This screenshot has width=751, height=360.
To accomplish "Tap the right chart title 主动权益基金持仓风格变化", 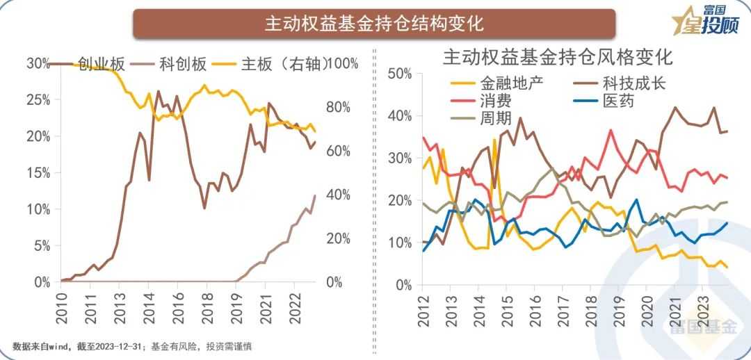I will [x=554, y=56].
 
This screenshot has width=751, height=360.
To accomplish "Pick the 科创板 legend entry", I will [x=183, y=64].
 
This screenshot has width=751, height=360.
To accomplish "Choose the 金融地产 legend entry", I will [x=511, y=83].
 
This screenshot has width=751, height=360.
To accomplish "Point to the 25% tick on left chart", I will [x=38, y=100].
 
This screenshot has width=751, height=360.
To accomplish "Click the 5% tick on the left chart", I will [x=41, y=246].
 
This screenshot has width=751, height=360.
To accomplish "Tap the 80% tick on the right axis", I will [x=341, y=108].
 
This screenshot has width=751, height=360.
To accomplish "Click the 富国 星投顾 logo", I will [x=706, y=21].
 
